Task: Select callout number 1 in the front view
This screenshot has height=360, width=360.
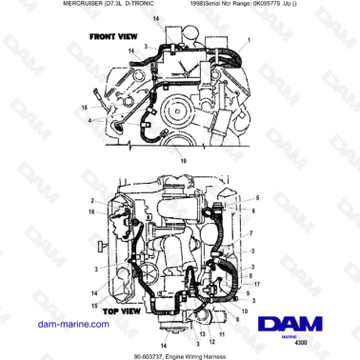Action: pyautogui.click(x=249, y=40)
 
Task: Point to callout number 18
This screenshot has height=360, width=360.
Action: pyautogui.click(x=83, y=107)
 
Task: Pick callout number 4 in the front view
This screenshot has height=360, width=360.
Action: pyautogui.click(x=90, y=121)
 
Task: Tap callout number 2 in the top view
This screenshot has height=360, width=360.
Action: pyautogui.click(x=93, y=201)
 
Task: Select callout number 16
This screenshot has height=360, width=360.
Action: pyautogui.click(x=93, y=212)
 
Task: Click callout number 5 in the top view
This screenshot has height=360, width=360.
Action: pyautogui.click(x=255, y=197)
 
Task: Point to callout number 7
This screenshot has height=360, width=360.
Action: pyautogui.click(x=250, y=233)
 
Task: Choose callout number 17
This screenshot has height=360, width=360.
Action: pyautogui.click(x=250, y=285)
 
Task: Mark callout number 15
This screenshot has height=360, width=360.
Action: pyautogui.click(x=93, y=304)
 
